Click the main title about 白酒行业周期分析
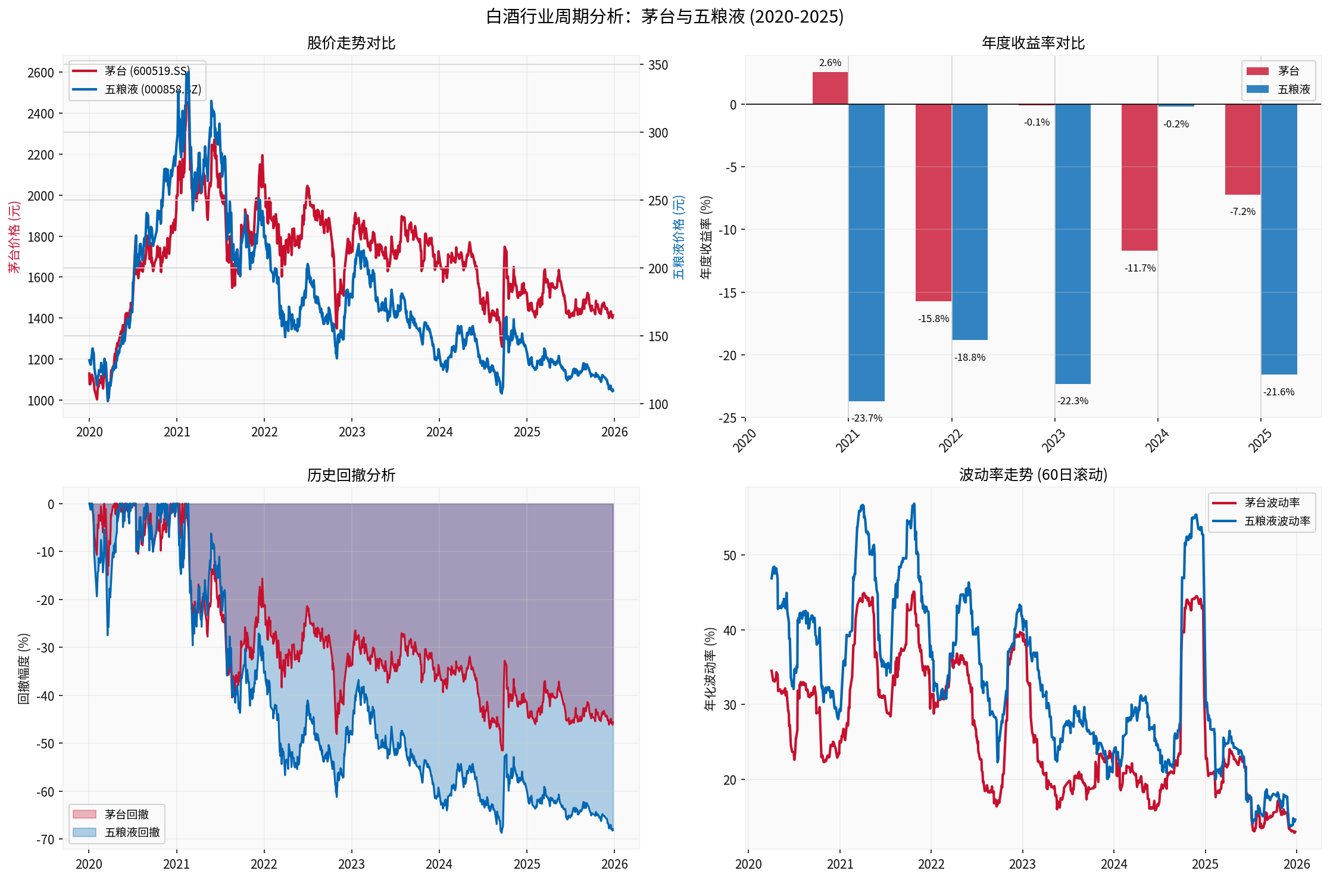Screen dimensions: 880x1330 [x=664, y=16]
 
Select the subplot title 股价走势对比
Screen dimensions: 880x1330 [x=351, y=43]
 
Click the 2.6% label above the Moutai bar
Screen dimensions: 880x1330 [x=830, y=63]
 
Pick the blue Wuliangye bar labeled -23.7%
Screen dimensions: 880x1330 [x=866, y=252]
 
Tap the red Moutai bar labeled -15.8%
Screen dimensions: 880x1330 [x=933, y=202]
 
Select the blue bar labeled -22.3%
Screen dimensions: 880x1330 [x=1073, y=244]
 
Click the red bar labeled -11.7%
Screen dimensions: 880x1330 [x=1139, y=177]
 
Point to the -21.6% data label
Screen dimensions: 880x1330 [x=1279, y=392]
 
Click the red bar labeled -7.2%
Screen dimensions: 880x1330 [x=1242, y=149]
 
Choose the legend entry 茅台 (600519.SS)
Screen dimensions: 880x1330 [x=147, y=71]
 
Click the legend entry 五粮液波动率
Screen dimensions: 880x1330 [x=1277, y=521]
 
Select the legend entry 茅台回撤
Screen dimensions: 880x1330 [x=126, y=814]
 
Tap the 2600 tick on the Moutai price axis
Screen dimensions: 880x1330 [x=40, y=73]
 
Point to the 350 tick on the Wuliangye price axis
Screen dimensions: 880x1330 [x=658, y=65]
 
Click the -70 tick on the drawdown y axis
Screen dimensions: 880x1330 [x=45, y=840]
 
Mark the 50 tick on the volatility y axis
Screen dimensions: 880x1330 [x=729, y=556]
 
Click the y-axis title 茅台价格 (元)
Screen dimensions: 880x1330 [x=14, y=237]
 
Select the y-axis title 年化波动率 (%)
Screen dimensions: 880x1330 [x=710, y=669]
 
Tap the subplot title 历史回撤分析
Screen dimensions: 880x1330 [x=351, y=475]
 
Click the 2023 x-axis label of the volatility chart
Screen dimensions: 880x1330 [x=1022, y=864]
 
